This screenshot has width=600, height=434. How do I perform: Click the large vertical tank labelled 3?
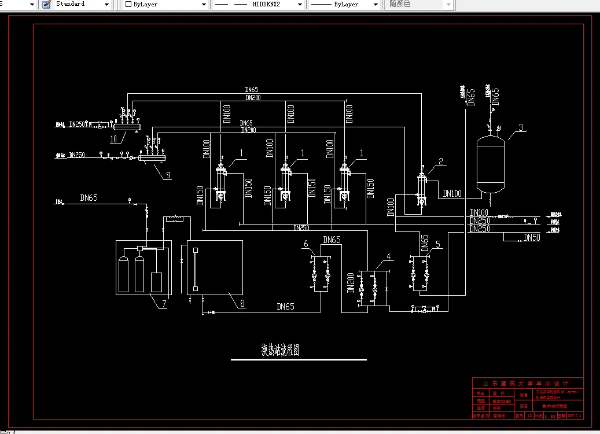click(x=489, y=164)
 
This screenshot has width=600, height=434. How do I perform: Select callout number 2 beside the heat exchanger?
click(x=441, y=162)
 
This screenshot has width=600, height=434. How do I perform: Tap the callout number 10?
click(x=113, y=139)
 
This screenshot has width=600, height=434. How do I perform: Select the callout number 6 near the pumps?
click(x=305, y=244)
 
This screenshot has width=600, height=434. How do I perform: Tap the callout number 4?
click(x=389, y=256)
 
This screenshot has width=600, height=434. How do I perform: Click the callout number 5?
click(x=438, y=244)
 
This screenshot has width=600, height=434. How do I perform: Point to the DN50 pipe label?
click(x=532, y=238)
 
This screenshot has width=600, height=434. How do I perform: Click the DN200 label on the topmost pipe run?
click(x=252, y=98)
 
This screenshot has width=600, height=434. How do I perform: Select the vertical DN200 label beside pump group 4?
click(x=351, y=283)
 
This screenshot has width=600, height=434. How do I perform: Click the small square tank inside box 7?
click(x=156, y=281)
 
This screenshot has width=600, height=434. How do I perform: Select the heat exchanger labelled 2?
click(x=422, y=188)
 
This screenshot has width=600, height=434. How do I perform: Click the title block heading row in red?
click(x=528, y=383)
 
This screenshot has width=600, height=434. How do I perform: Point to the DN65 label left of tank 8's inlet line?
click(x=89, y=198)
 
